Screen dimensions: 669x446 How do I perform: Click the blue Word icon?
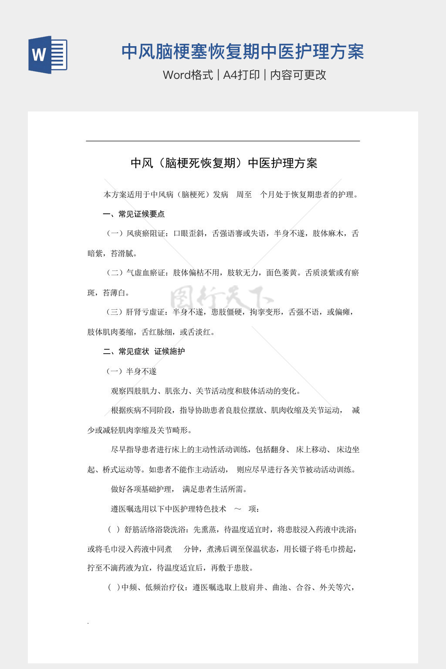click(47, 54)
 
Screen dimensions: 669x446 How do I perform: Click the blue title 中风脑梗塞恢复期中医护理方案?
click(242, 52)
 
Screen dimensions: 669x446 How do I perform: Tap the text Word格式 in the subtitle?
click(188, 75)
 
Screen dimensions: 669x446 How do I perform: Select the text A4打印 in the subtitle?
click(241, 75)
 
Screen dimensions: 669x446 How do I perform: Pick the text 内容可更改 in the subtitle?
click(298, 75)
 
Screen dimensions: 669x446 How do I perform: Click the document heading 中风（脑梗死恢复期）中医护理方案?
click(224, 163)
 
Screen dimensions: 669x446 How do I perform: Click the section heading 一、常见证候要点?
click(134, 214)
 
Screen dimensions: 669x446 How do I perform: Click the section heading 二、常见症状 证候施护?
click(144, 351)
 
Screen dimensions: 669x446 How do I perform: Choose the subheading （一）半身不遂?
click(131, 371)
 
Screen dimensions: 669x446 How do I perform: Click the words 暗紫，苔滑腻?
click(112, 253)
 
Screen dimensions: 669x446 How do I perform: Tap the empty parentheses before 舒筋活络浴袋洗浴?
click(114, 530)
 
